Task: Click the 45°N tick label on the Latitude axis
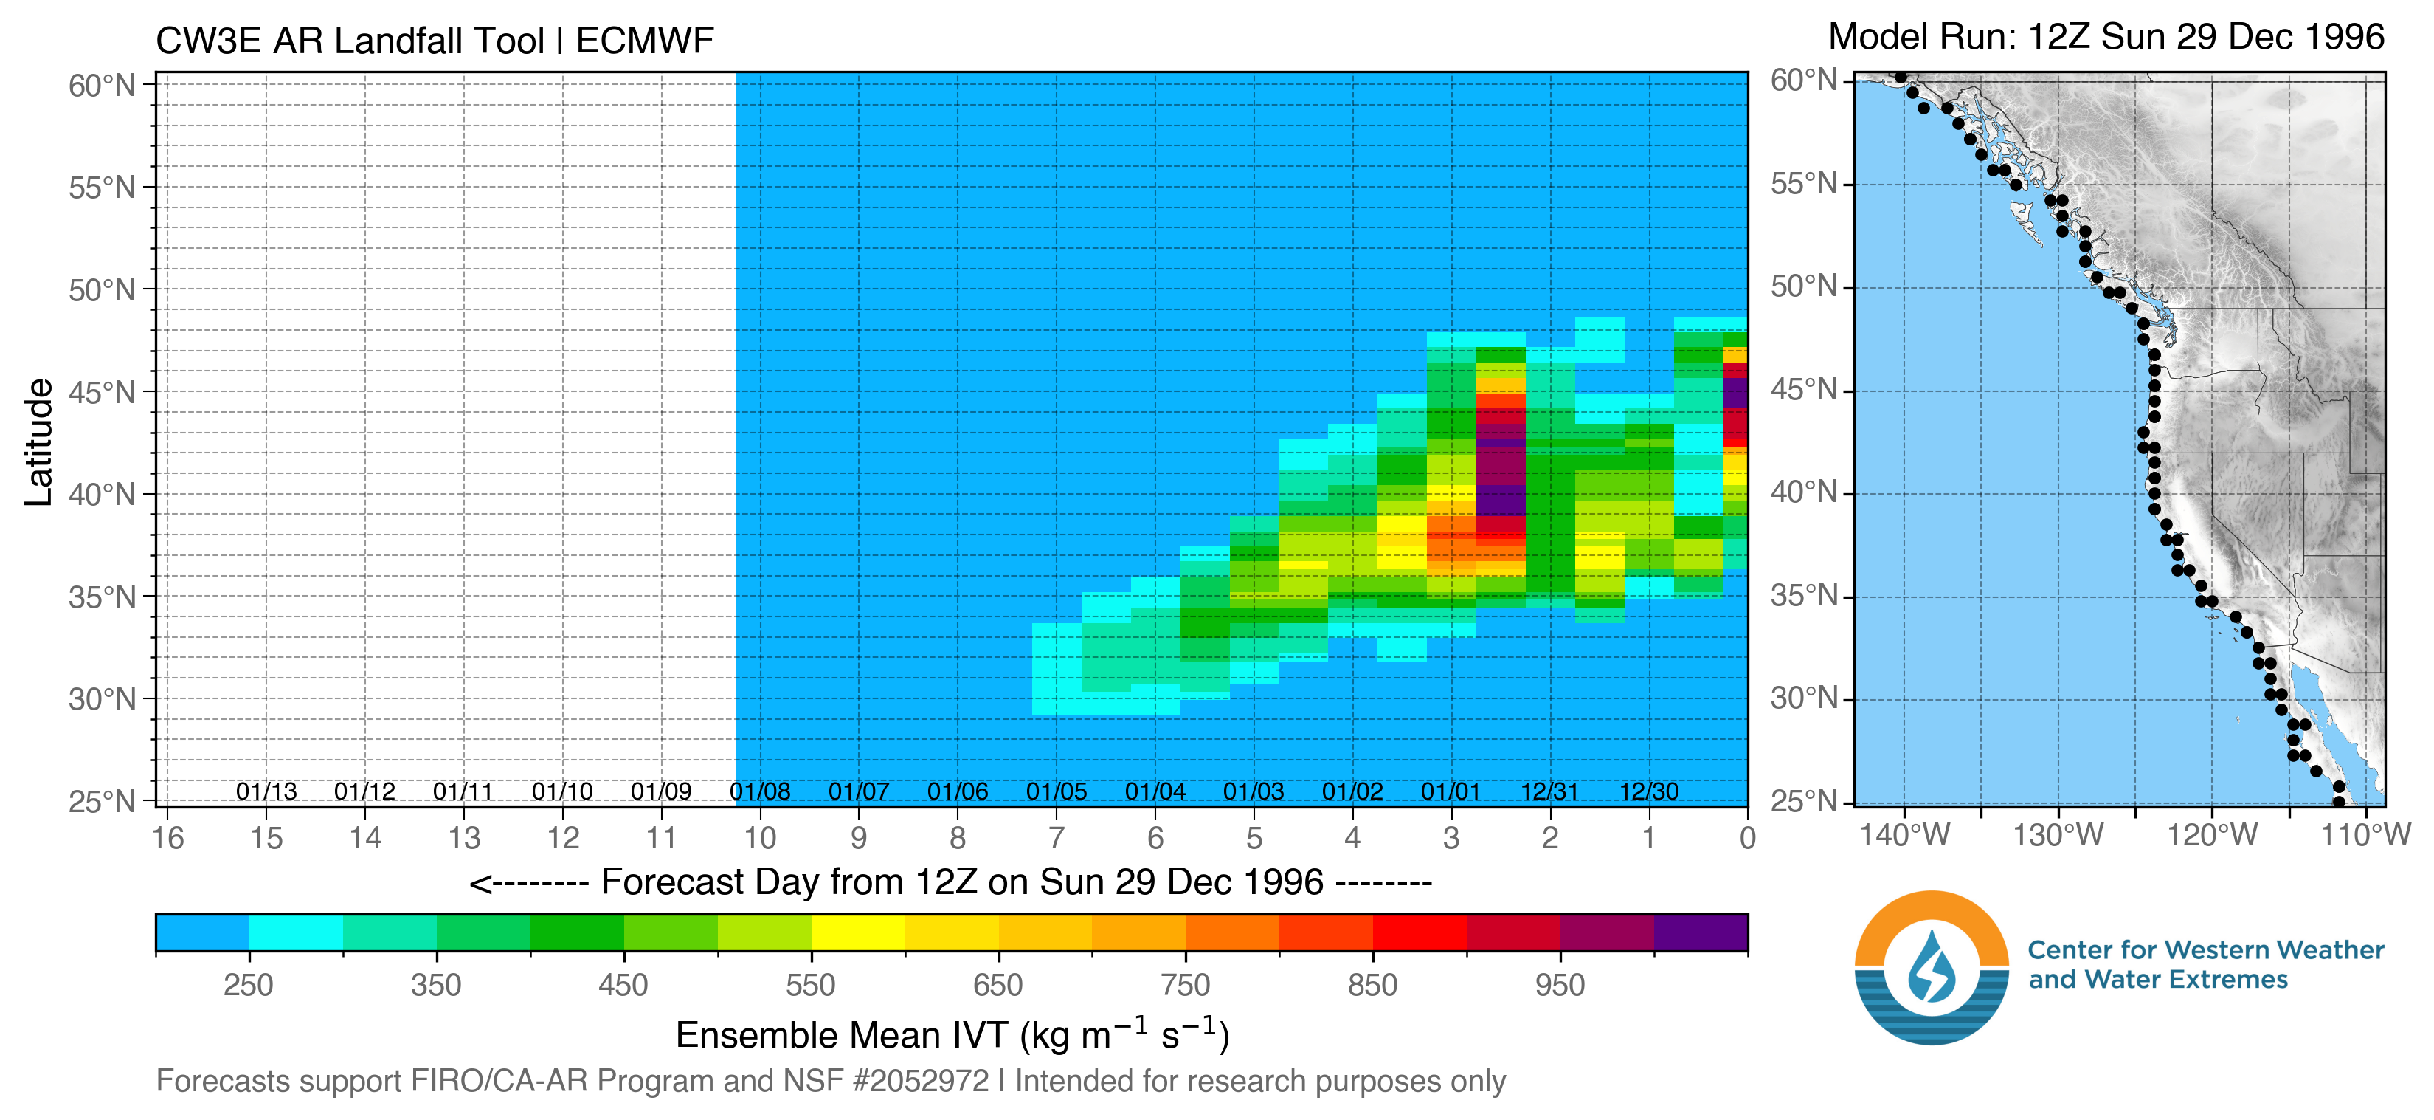[x=102, y=392]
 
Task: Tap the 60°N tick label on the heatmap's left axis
[x=102, y=86]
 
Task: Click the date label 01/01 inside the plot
[x=1451, y=791]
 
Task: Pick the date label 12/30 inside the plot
[x=1649, y=791]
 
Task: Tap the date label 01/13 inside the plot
[x=266, y=791]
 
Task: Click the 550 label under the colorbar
[x=811, y=985]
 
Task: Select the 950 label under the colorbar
[x=1560, y=985]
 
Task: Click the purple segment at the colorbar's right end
[x=1701, y=933]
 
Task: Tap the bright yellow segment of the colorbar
[x=858, y=933]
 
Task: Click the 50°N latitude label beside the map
[x=1804, y=286]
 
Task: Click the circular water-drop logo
[x=1932, y=967]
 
